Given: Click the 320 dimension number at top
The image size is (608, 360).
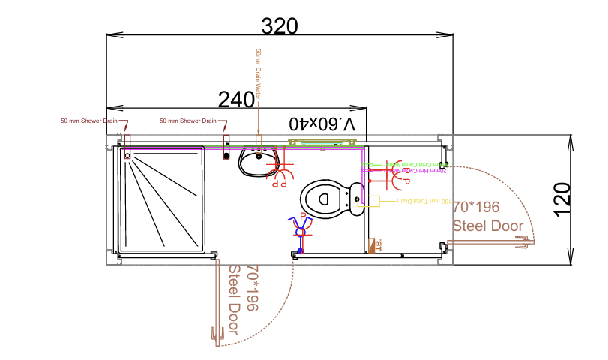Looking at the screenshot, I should click(280, 26).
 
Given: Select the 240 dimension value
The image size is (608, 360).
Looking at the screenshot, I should click(236, 99).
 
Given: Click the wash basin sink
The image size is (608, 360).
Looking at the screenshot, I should click(259, 160).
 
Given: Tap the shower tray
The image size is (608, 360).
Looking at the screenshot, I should click(162, 199).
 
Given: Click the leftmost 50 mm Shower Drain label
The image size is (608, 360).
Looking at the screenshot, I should click(88, 121).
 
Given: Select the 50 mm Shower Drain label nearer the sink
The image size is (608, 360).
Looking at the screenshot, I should click(188, 121).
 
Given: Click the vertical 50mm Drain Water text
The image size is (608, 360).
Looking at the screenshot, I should click(259, 75).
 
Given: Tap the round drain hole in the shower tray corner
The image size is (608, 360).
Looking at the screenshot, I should click(127, 157).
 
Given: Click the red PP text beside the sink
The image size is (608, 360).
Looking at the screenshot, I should click(279, 182).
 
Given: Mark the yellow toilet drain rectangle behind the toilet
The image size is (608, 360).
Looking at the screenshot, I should click(371, 200).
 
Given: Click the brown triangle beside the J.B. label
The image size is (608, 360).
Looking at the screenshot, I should click(370, 245).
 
